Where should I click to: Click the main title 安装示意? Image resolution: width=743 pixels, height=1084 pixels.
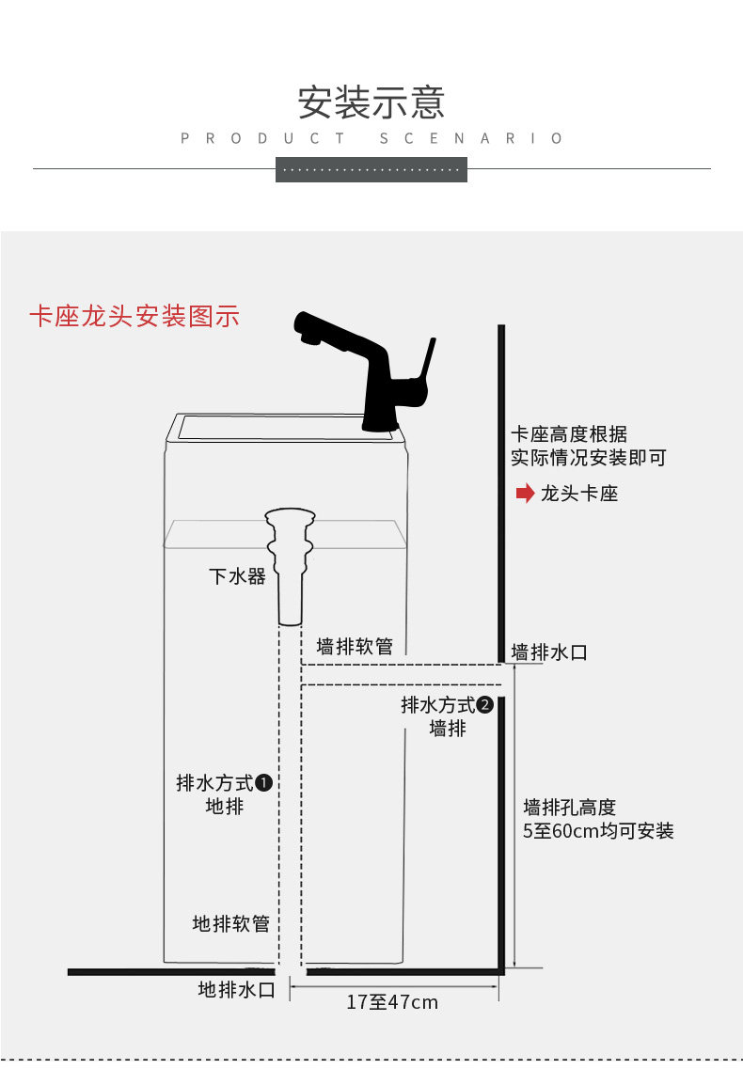click(371, 102)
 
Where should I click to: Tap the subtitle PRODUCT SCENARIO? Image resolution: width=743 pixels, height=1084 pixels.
click(371, 138)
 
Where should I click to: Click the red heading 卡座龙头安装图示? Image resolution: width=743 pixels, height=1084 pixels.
click(134, 316)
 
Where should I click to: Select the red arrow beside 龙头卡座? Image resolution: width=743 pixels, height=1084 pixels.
click(525, 493)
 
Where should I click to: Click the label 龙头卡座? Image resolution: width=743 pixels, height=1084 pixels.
click(579, 494)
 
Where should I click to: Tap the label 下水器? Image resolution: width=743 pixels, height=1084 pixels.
click(237, 576)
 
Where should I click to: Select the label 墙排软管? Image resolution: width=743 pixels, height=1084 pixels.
click(355, 647)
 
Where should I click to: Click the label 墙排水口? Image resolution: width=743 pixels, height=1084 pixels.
click(549, 652)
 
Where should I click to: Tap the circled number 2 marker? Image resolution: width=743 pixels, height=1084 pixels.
click(485, 704)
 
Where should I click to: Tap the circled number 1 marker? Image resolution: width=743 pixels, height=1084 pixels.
click(263, 782)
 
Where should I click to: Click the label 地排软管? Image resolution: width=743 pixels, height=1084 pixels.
click(230, 923)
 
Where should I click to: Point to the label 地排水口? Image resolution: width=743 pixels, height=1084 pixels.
click(237, 989)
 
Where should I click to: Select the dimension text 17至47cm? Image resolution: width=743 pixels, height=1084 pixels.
click(392, 1001)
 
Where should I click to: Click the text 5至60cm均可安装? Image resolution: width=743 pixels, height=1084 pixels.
click(598, 830)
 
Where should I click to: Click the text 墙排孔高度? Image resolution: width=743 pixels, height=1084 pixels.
click(569, 807)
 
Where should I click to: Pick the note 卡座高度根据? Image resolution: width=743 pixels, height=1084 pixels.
click(569, 433)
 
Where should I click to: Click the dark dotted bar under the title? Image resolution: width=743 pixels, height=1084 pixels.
click(371, 169)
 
